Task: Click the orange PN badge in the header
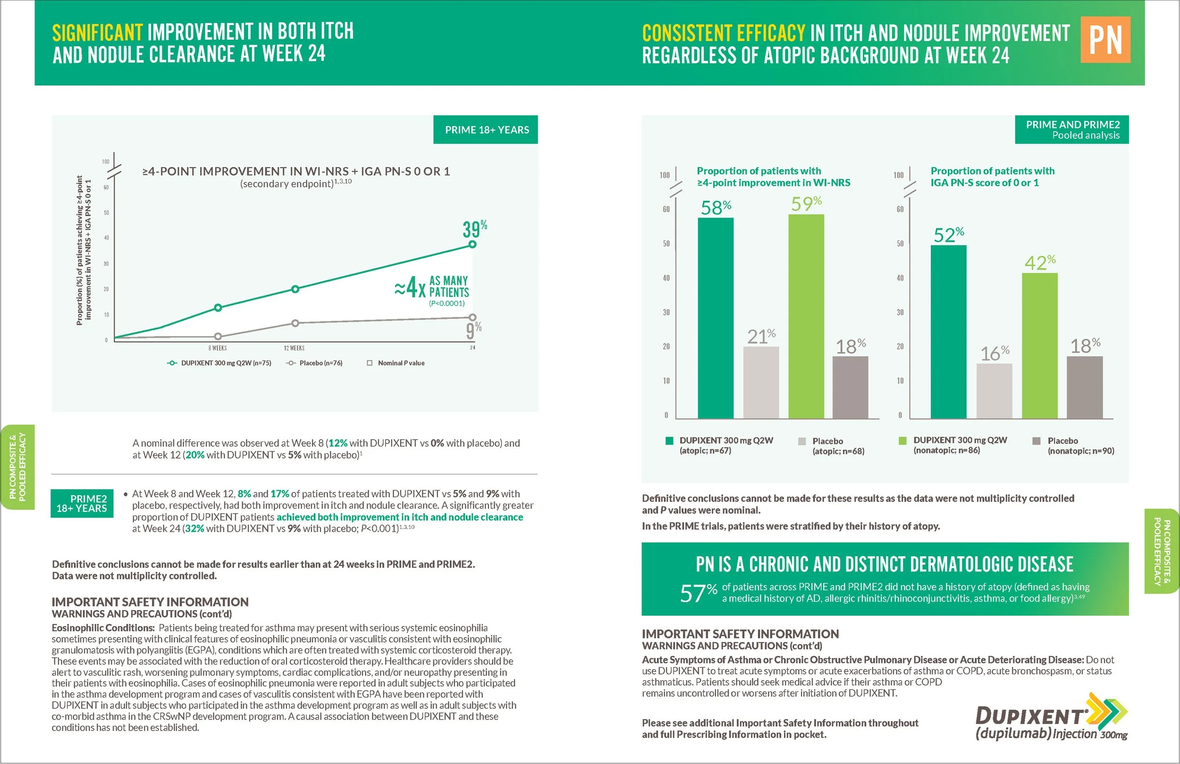[1105, 40]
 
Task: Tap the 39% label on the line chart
[474, 229]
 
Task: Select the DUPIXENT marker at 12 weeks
[295, 289]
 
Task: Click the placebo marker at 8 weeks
[218, 336]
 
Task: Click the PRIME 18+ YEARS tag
[486, 130]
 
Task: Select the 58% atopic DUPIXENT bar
[716, 317]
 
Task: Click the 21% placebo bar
[761, 382]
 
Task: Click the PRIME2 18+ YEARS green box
[82, 503]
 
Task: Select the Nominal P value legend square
[370, 363]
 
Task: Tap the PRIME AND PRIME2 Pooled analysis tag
[1072, 130]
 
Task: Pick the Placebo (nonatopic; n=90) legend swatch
[1036, 441]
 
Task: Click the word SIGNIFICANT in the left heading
[98, 33]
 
